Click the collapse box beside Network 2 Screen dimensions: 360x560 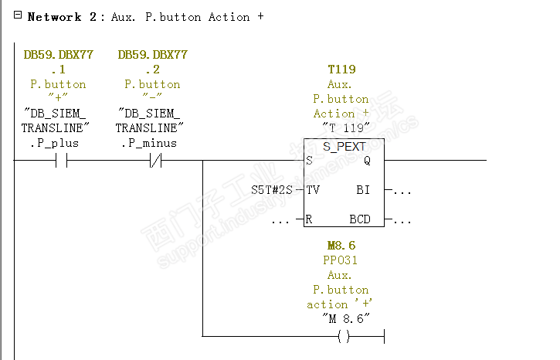tap(18, 16)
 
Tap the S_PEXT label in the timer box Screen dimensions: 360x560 tap(344, 146)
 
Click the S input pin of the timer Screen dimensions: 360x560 tap(309, 161)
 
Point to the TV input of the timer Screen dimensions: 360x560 tap(313, 189)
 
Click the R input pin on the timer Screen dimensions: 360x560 tap(309, 219)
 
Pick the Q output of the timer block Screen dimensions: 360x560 tap(367, 161)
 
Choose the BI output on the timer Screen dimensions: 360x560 tap(364, 189)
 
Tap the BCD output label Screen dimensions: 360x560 tap(360, 219)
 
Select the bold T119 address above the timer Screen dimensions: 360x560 tap(341, 70)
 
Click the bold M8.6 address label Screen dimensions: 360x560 tap(341, 246)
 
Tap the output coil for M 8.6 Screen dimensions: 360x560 tap(344, 336)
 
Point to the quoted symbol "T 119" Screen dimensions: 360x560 tap(341, 127)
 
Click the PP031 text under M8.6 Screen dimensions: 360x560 tap(341, 260)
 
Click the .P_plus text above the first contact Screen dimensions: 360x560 tap(55, 143)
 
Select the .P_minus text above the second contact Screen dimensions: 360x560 tap(148, 143)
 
